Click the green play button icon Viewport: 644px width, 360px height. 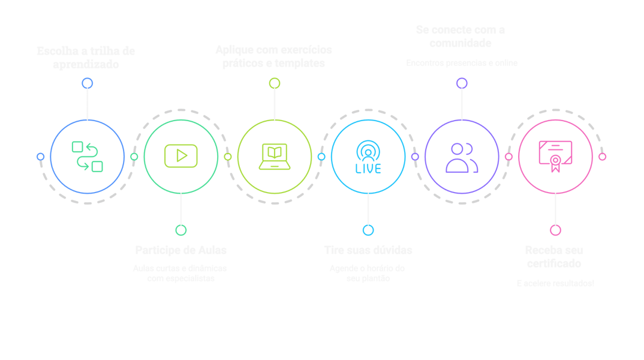coord(180,157)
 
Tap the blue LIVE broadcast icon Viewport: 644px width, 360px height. coord(368,157)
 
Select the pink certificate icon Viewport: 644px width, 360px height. coord(555,156)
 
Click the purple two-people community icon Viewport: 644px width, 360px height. coord(462,157)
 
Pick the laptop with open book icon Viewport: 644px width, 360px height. coord(274,157)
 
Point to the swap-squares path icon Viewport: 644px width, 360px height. coord(87,157)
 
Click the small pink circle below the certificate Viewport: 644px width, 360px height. coord(555,230)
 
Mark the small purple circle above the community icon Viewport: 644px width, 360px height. coord(462,83)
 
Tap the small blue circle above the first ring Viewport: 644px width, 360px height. coord(87,83)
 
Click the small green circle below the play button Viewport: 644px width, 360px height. coord(180,230)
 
